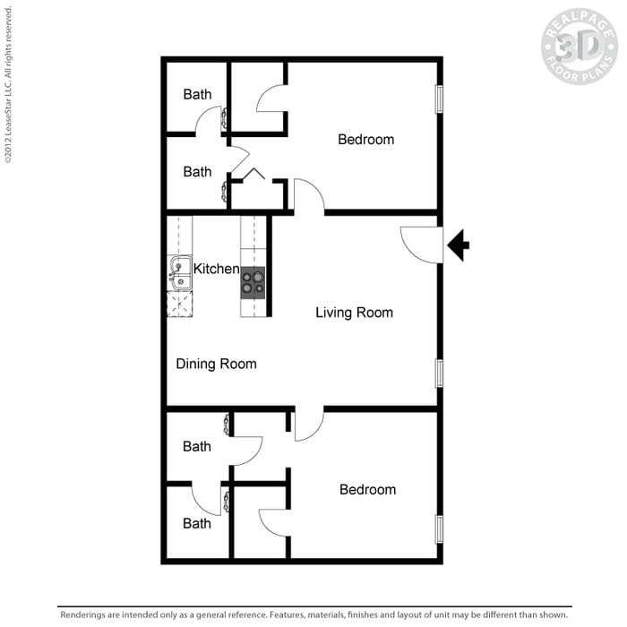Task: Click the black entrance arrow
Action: (x=458, y=245)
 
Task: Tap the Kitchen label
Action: (x=216, y=269)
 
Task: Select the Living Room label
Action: (x=354, y=313)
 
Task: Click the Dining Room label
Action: (x=216, y=364)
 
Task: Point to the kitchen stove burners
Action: (x=253, y=282)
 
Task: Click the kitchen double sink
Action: (x=180, y=274)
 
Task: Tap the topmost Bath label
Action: (x=197, y=94)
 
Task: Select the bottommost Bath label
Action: (x=197, y=523)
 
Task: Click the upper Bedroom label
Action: (x=365, y=140)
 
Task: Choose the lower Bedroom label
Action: (x=367, y=490)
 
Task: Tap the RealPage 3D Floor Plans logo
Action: (x=579, y=47)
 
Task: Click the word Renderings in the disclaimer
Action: (x=85, y=615)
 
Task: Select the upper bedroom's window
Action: (x=439, y=99)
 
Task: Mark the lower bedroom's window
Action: (x=439, y=528)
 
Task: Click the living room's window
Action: (x=439, y=373)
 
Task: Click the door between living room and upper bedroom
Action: (x=309, y=196)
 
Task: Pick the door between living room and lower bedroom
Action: (x=309, y=425)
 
